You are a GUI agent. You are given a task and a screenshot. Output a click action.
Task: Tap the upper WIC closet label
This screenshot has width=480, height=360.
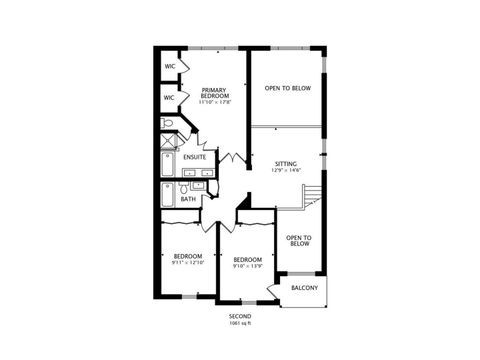(170, 67)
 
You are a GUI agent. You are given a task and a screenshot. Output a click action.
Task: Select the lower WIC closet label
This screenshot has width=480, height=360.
(170, 98)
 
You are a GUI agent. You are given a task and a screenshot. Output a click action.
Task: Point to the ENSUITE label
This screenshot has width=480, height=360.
(195, 157)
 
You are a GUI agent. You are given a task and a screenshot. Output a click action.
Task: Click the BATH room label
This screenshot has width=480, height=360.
(188, 200)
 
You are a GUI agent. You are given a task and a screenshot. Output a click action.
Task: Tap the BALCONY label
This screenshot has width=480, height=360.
(304, 289)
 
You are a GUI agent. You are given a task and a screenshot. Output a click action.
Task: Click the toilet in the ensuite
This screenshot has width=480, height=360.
(168, 124)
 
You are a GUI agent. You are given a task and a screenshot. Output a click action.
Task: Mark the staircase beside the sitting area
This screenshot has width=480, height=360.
(313, 196)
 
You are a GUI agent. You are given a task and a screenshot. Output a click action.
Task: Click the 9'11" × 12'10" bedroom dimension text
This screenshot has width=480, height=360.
(188, 263)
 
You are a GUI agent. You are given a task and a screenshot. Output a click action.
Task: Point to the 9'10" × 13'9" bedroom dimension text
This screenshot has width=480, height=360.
(247, 266)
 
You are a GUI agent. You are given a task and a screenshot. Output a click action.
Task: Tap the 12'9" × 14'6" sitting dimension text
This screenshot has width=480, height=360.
(286, 170)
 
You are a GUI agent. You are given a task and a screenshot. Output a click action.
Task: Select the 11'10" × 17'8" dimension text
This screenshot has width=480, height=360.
(215, 101)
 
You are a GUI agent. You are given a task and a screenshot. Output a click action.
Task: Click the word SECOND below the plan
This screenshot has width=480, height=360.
(240, 316)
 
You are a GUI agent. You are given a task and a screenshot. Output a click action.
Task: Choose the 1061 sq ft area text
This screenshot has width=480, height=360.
(240, 323)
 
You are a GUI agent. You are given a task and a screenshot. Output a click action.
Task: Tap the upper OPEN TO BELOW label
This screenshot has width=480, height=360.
(287, 89)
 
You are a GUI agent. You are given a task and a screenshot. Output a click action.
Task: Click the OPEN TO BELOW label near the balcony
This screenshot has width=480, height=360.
(299, 240)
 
